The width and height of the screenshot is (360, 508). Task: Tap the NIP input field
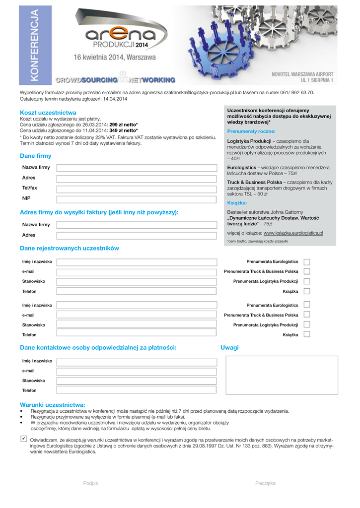(136, 199)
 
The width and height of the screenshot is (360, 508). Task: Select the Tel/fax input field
(136, 189)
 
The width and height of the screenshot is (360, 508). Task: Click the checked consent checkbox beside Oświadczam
(23, 439)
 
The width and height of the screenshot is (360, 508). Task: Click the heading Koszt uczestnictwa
(48, 113)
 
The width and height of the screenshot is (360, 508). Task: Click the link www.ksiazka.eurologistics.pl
(293, 233)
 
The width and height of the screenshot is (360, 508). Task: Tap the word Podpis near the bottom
(90, 483)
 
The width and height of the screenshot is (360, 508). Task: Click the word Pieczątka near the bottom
(265, 483)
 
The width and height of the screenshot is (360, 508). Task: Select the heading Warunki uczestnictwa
(52, 405)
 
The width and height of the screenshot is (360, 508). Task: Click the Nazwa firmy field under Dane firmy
(136, 169)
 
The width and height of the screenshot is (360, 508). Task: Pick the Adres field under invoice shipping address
(136, 236)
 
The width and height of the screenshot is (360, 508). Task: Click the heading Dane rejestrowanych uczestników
(69, 248)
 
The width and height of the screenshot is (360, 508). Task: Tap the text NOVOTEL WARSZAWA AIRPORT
(302, 74)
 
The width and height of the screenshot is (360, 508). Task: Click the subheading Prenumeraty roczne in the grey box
(251, 131)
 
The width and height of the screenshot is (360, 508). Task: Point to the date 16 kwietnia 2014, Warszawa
(115, 57)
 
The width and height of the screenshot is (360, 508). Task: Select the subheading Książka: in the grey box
(237, 203)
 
